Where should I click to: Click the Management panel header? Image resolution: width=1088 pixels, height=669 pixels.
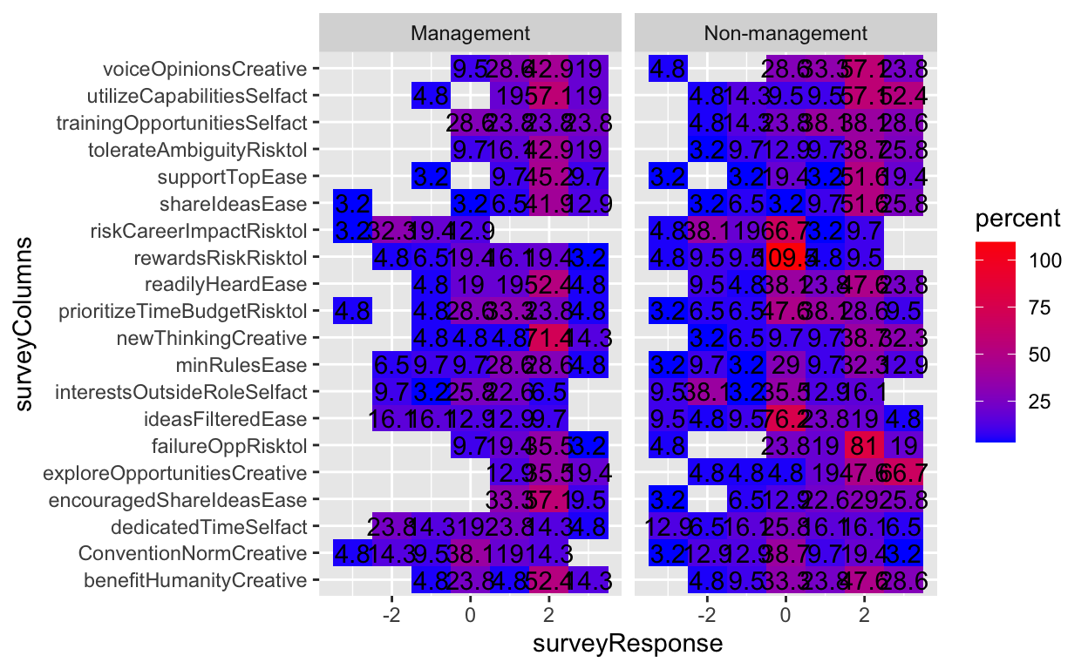[x=471, y=33]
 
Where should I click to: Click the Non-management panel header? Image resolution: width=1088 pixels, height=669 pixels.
[x=785, y=33]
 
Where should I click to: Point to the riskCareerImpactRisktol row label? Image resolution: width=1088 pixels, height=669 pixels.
[x=199, y=231]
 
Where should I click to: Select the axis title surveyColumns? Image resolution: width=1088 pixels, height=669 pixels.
[x=29, y=324]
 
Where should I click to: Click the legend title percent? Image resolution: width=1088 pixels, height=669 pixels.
[x=1019, y=220]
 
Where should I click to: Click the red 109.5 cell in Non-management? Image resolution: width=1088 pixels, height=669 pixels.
[x=785, y=258]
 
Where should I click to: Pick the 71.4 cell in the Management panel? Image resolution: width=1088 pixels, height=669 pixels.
[x=549, y=338]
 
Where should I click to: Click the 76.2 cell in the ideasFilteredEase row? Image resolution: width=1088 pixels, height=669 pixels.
[x=785, y=419]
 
